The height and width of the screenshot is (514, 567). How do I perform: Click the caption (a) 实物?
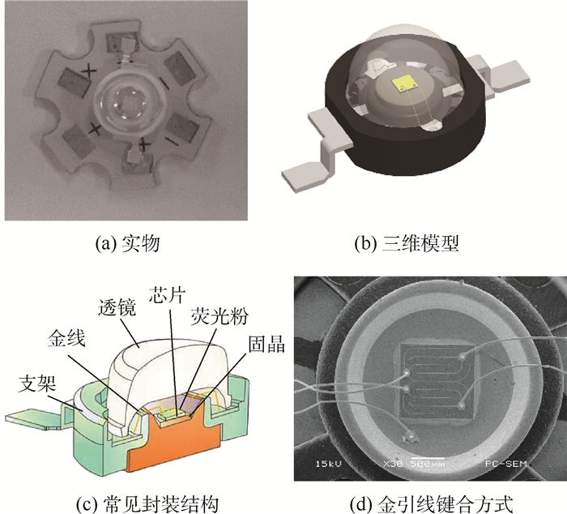tap(127, 243)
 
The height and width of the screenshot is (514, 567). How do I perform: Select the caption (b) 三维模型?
tap(407, 243)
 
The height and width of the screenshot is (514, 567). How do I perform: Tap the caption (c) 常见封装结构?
tap(147, 503)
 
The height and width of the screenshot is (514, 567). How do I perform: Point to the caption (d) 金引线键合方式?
tap(432, 503)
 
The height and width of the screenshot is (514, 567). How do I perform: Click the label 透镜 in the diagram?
tap(117, 308)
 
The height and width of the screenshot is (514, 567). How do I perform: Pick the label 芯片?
tap(168, 294)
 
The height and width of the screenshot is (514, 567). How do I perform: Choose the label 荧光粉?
tap(220, 315)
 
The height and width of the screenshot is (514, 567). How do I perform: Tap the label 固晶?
tap(266, 344)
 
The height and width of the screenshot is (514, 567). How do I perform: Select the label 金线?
tap(66, 338)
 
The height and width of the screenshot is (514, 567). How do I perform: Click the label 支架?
tap(37, 383)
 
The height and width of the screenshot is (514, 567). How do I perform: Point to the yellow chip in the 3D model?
tap(403, 84)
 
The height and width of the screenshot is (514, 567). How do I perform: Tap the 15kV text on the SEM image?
tap(328, 463)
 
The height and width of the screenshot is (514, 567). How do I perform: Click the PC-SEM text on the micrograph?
tap(505, 463)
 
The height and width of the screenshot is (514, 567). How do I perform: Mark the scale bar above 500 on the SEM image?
tap(428, 458)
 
